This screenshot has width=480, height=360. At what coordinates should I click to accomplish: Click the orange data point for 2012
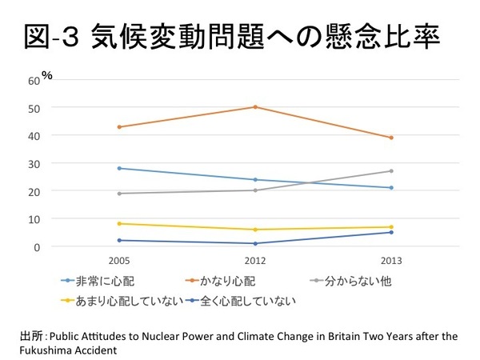[255, 106]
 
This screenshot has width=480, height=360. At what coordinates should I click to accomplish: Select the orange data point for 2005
[118, 126]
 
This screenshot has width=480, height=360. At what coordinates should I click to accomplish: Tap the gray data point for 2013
[391, 170]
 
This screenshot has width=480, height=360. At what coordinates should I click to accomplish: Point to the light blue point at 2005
[118, 168]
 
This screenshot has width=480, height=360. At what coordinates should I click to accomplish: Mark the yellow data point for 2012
[255, 230]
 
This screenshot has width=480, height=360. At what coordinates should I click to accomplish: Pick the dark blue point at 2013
[391, 232]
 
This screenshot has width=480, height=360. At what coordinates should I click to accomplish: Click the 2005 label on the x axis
[118, 262]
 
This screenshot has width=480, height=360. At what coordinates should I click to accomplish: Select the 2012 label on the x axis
[255, 262]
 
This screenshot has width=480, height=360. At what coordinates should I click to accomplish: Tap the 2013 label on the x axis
[391, 262]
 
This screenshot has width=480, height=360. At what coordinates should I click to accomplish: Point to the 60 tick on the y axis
[34, 80]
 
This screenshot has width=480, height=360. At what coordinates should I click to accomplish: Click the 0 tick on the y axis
[37, 246]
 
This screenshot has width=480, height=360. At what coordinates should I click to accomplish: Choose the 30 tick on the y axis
[34, 163]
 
